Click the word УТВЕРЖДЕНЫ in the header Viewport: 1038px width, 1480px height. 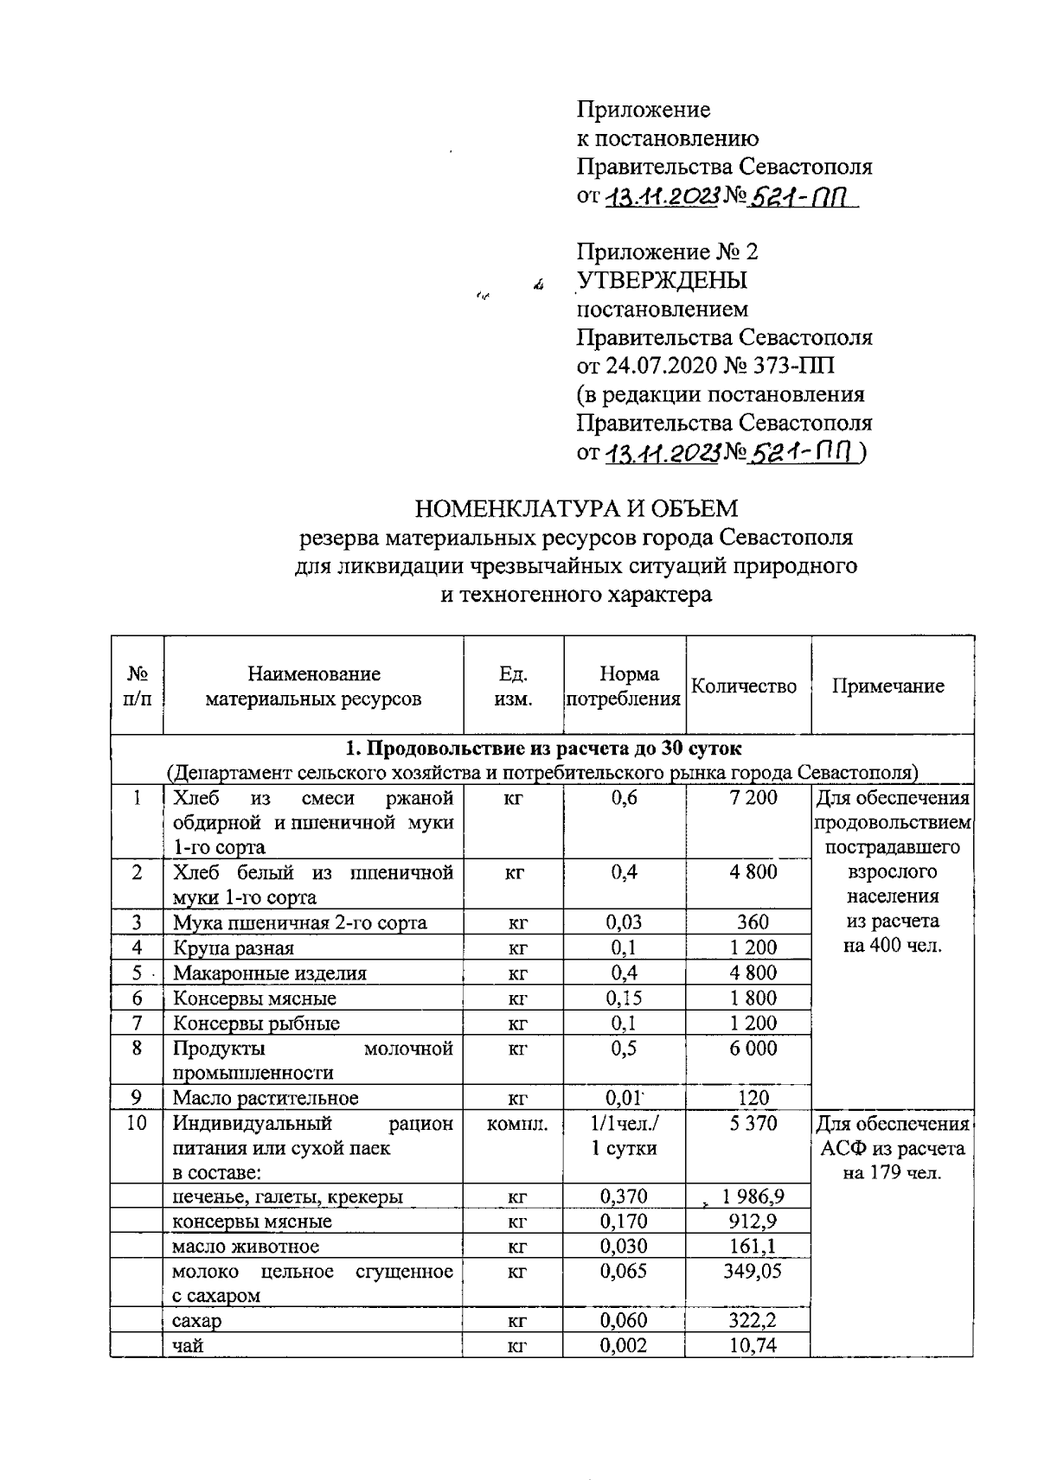click(663, 280)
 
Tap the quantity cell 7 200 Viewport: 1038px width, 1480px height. click(753, 798)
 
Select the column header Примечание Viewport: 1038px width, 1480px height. click(888, 686)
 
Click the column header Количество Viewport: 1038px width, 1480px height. click(744, 686)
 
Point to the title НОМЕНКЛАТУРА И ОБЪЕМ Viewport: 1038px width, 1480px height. click(576, 507)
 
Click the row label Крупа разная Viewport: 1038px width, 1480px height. click(234, 947)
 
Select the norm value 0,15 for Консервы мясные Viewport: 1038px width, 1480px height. click(623, 998)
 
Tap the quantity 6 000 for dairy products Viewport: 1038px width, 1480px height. click(753, 1048)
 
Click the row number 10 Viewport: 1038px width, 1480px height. click(137, 1123)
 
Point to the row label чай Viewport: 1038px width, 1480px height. click(188, 1345)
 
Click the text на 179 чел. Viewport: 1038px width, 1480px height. click(891, 1173)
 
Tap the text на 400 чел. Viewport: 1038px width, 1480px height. click(891, 946)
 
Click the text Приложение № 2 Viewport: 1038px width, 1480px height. click(667, 252)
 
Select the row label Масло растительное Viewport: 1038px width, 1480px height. click(266, 1098)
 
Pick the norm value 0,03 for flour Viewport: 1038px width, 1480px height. click(623, 922)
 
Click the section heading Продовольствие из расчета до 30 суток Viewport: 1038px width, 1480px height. click(543, 748)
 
